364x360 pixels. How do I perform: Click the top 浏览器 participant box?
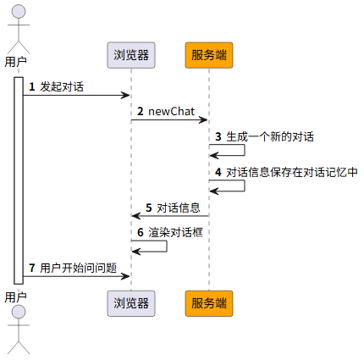[x=131, y=55]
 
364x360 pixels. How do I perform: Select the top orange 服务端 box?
[x=209, y=55]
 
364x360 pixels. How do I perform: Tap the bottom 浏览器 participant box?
[x=131, y=303]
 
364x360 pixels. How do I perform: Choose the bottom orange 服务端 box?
[x=209, y=303]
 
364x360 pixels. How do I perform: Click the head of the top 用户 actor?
[x=19, y=12]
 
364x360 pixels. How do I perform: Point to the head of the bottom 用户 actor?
[x=19, y=312]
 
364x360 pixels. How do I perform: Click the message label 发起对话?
[x=62, y=86]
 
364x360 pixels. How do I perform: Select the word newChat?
[x=171, y=112]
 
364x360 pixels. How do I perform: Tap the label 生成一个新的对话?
[x=270, y=136]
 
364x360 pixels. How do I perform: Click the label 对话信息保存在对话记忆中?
[x=292, y=172]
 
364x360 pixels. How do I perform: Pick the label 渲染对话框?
[x=176, y=232]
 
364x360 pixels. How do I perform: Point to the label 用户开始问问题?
[x=79, y=268]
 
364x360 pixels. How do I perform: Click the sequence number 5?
[x=149, y=208]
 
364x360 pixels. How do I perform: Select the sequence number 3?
[x=218, y=136]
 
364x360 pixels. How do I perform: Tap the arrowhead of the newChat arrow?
[x=203, y=120]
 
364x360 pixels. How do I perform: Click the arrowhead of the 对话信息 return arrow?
[x=136, y=216]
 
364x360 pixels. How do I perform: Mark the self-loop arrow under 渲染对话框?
[x=167, y=246]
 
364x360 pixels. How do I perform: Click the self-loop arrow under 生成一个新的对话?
[x=245, y=150]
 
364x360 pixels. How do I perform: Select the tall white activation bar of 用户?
[x=19, y=180]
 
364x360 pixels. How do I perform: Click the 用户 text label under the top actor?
[x=16, y=62]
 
